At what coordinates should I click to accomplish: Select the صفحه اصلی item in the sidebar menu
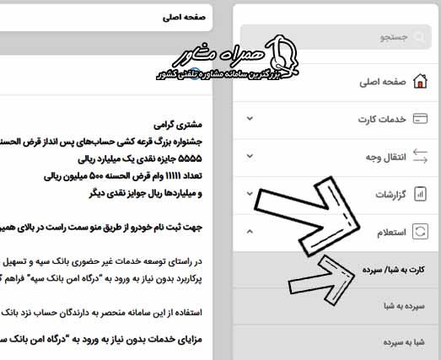pos(381,82)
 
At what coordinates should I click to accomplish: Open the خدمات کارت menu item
pos(383,120)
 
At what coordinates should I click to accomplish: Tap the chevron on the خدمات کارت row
pos(250,119)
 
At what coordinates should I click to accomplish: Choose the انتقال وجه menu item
pos(385,157)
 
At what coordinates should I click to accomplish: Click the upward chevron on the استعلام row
pos(250,231)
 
